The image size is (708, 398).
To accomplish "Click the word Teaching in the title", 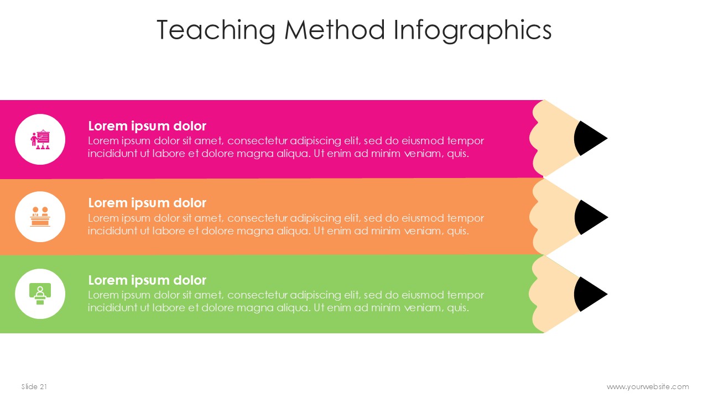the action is click(216, 30).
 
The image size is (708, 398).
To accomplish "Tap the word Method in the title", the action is click(335, 29).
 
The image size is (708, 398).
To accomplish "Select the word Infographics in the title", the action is click(472, 30).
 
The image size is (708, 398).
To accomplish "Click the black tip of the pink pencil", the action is click(588, 138).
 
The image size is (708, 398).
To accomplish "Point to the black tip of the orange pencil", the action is click(589, 217).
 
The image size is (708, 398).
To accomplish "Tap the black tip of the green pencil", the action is click(588, 295).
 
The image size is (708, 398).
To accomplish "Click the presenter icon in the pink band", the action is click(40, 139).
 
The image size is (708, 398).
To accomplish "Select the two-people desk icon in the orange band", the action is click(40, 217).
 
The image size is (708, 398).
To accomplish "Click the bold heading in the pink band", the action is click(147, 127).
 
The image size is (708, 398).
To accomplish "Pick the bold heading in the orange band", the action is click(147, 203).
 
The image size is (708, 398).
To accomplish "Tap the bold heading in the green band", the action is click(147, 280).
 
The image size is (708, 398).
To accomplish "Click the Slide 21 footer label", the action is click(34, 386).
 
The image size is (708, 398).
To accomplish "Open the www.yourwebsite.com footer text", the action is click(648, 387).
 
